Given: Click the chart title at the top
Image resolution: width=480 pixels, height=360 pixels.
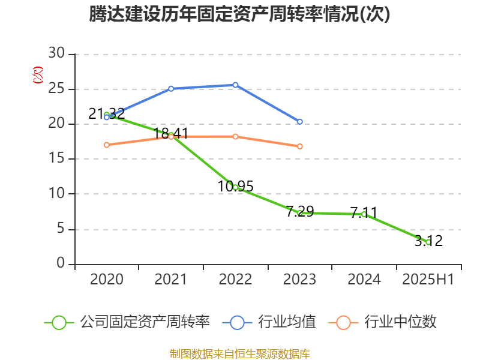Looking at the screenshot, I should click(x=240, y=14).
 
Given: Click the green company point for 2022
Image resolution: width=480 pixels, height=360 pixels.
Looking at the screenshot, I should click(x=235, y=187).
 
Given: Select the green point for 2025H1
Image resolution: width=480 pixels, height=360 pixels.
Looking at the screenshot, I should click(x=428, y=242).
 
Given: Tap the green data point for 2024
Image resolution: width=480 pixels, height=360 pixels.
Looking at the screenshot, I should click(x=364, y=214).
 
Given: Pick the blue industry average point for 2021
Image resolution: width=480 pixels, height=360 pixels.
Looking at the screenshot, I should click(x=171, y=89).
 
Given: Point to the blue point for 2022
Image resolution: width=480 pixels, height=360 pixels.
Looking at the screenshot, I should click(x=235, y=85).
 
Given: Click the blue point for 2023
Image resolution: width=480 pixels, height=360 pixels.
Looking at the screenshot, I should click(x=300, y=122).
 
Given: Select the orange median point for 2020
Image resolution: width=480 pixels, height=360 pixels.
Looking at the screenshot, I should click(x=107, y=145).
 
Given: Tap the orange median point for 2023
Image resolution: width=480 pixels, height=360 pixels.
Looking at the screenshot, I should click(x=300, y=146).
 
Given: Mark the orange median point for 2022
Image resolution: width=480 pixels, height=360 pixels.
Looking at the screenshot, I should click(x=235, y=137).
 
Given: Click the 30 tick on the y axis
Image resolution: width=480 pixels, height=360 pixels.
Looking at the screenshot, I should click(x=56, y=54).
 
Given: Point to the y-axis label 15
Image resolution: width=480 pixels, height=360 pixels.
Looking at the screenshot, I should click(x=56, y=159).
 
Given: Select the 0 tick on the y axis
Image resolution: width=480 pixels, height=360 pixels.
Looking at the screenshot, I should click(x=61, y=263).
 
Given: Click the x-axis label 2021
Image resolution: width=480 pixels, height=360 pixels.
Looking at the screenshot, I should click(x=171, y=280).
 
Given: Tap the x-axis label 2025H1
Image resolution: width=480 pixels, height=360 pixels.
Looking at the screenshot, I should click(x=428, y=280).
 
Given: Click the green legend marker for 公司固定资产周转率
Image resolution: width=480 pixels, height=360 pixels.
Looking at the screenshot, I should click(x=59, y=322).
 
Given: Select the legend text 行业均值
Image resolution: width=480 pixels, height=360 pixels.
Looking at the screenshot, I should click(x=287, y=322).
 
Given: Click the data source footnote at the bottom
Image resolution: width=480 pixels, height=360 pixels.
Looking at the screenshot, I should click(x=240, y=353).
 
